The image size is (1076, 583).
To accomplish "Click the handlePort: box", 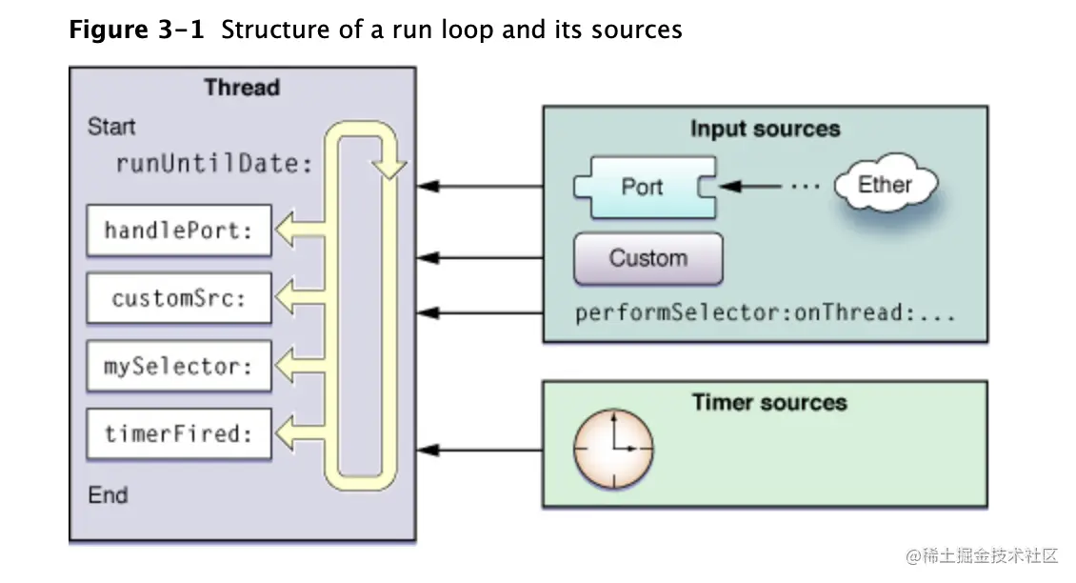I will click(x=179, y=231).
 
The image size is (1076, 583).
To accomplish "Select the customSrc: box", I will click(x=179, y=298).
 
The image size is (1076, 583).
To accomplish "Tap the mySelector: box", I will click(x=179, y=366).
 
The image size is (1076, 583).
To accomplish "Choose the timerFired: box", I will click(x=179, y=434).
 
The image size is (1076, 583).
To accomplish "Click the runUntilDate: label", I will click(x=214, y=163).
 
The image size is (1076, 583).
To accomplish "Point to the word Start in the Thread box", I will click(x=111, y=127).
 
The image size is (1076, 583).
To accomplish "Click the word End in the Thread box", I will click(x=108, y=495).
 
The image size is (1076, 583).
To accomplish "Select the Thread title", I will click(x=242, y=88).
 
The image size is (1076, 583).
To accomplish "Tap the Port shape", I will click(x=644, y=186).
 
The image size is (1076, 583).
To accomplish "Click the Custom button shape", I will click(x=648, y=258).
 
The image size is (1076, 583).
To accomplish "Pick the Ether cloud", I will click(x=885, y=185).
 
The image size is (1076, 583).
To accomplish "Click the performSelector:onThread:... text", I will click(x=765, y=312).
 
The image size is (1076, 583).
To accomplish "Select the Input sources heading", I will click(x=765, y=129).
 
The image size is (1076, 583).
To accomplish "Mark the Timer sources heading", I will click(x=769, y=402).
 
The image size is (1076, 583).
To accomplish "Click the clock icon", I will click(x=613, y=448).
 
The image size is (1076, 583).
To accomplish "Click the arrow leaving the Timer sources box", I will click(x=480, y=449).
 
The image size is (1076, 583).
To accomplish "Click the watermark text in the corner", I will click(x=982, y=555).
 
